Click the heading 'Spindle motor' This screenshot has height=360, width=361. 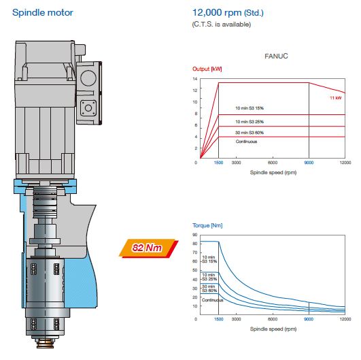pyautogui.click(x=43, y=13)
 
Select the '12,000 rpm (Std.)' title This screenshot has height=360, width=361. pyautogui.click(x=228, y=13)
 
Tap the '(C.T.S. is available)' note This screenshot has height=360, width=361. pyautogui.click(x=221, y=24)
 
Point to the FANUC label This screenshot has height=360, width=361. pyautogui.click(x=276, y=56)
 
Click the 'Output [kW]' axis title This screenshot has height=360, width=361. pyautogui.click(x=207, y=69)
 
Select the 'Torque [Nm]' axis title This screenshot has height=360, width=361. pyautogui.click(x=207, y=225)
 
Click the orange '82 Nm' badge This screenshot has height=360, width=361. pyautogui.click(x=148, y=248)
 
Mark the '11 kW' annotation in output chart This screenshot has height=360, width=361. pyautogui.click(x=335, y=98)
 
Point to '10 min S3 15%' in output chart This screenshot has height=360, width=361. pyautogui.click(x=250, y=108)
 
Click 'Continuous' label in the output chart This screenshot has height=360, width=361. pyautogui.click(x=246, y=142)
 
